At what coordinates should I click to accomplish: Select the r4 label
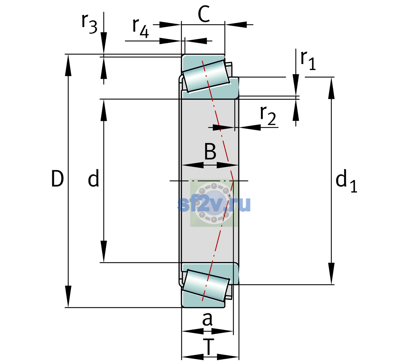(141, 28)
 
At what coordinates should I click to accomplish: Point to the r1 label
(308, 60)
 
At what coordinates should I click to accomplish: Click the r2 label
(268, 115)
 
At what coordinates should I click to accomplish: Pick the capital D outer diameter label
(57, 179)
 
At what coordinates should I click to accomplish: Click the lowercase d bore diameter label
(94, 178)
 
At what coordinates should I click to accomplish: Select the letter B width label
(210, 151)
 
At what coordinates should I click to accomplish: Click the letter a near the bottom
(207, 319)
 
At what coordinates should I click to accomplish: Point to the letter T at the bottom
(209, 347)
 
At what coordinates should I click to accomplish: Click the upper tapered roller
(206, 76)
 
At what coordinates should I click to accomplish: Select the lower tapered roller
(206, 286)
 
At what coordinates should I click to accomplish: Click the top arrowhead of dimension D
(68, 65)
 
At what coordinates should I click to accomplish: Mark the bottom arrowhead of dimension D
(68, 297)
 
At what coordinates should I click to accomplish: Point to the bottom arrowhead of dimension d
(104, 251)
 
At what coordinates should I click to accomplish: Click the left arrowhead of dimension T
(193, 357)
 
